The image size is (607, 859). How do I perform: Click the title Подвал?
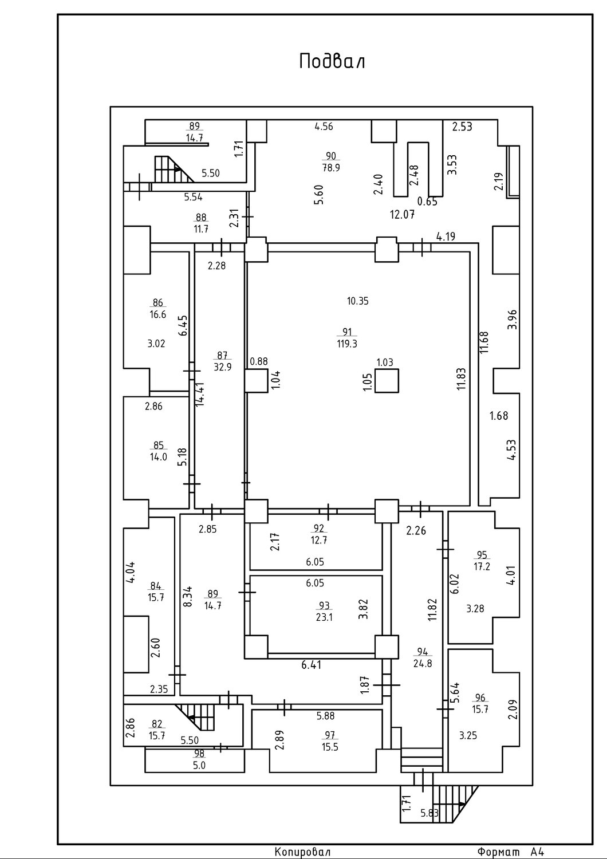pos(332,61)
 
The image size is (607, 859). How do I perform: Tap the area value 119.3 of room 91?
pos(347,344)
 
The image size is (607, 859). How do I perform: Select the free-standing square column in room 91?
pos(387,381)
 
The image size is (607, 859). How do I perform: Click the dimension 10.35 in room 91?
pos(358,301)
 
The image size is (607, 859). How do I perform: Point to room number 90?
pos(330,156)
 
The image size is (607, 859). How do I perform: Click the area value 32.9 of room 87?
pos(222,367)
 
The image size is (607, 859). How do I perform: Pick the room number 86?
pos(157,302)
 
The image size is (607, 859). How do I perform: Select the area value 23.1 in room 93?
pos(324,618)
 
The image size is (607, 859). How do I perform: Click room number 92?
pos(318,529)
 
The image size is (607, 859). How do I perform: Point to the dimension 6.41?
pos(312,664)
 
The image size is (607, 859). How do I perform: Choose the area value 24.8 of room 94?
pos(423,663)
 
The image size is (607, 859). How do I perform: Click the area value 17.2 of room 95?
pos(482,566)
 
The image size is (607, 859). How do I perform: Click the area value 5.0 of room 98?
pos(199,766)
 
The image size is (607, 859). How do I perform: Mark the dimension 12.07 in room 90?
pos(402,215)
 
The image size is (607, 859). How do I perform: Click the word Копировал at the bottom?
pos(302,852)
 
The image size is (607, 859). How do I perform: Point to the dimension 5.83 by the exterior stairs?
pos(429,813)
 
